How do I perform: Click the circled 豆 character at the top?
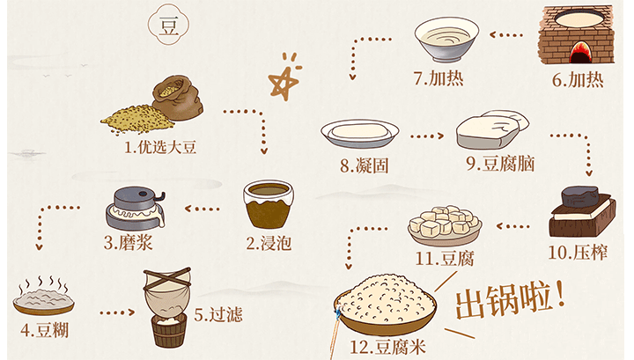(167, 26)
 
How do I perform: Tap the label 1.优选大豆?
(160, 147)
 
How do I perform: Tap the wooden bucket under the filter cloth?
(166, 330)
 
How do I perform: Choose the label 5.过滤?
(217, 313)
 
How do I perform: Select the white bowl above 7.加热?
(446, 39)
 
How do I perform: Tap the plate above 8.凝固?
(359, 133)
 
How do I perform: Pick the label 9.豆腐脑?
(494, 164)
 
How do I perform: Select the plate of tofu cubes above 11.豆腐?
(445, 224)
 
